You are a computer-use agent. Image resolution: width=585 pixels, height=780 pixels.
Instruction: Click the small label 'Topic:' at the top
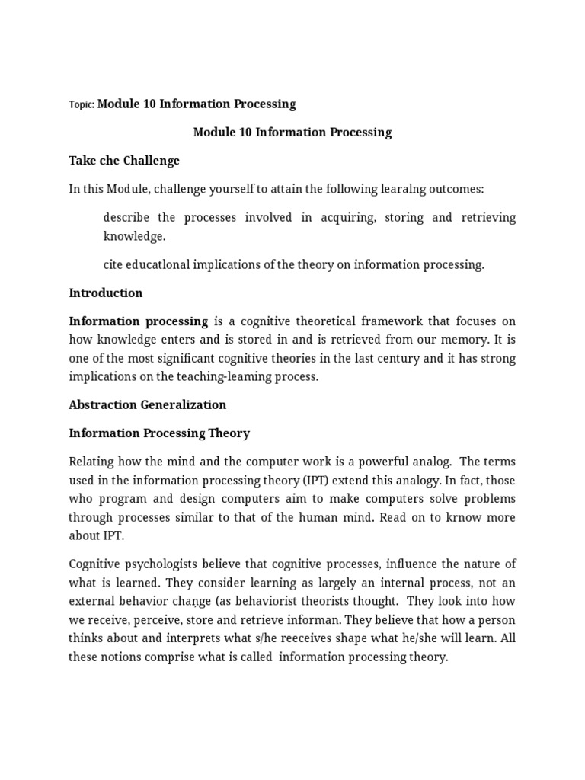[82, 105]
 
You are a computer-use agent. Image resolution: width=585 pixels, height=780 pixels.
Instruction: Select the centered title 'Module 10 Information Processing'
[292, 133]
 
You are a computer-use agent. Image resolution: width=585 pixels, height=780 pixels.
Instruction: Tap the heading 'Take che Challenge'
[124, 161]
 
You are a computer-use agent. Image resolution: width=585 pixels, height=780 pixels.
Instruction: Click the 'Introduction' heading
[106, 293]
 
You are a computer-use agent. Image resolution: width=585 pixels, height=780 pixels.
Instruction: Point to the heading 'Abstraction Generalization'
[148, 405]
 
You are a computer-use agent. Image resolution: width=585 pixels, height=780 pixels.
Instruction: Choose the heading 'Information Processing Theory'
[159, 433]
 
